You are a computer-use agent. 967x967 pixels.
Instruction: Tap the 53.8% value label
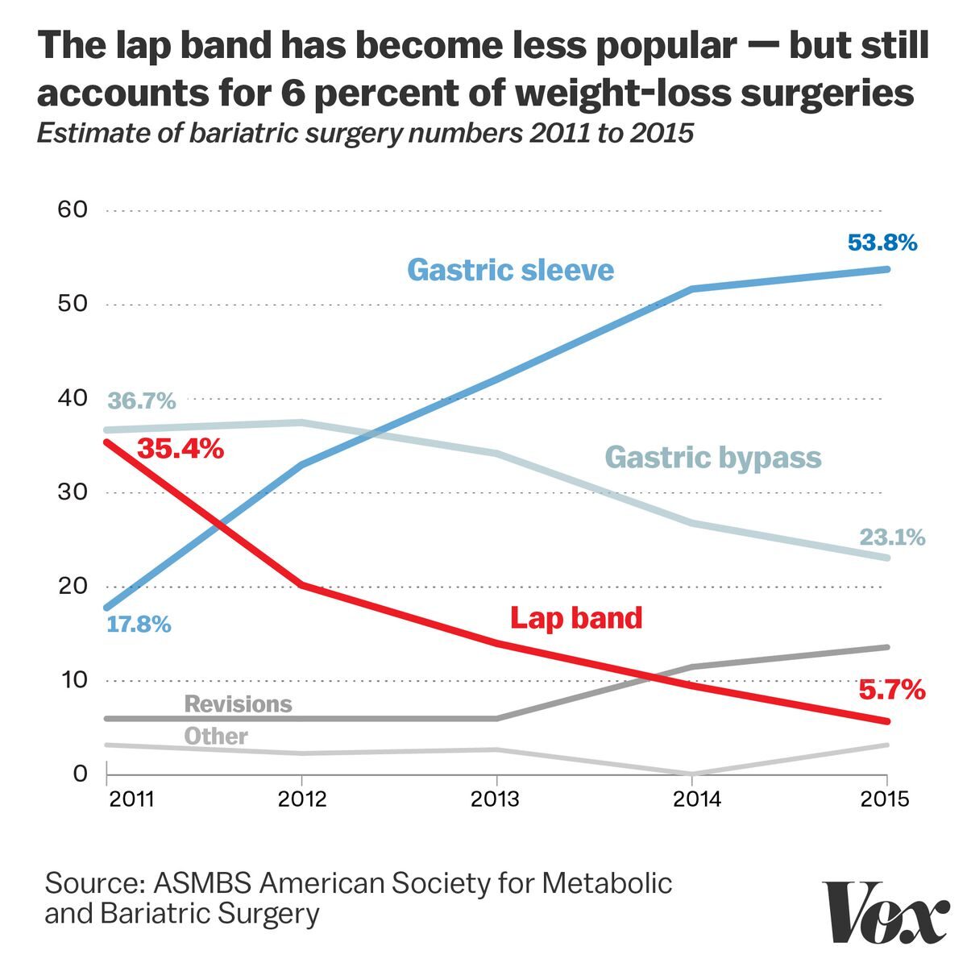pos(882,243)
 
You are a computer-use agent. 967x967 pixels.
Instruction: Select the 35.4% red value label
pos(180,448)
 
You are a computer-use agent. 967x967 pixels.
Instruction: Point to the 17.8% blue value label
pos(139,624)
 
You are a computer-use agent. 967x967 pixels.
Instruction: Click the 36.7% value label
pos(142,400)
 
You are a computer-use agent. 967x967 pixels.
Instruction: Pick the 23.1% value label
pos(892,537)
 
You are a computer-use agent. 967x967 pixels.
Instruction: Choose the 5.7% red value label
pos(890,691)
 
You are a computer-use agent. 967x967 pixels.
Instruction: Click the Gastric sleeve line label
pos(510,269)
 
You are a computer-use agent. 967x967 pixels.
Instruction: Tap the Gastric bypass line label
pos(712,457)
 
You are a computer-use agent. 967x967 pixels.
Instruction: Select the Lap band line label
pos(576,618)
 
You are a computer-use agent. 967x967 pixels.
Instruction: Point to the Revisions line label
pos(238,703)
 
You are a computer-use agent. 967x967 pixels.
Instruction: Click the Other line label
pos(215,736)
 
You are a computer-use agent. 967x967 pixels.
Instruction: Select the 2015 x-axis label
pos(885,799)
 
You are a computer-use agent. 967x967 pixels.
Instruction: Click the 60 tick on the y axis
pos(73,210)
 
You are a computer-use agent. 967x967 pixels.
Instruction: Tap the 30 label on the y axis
pos(73,492)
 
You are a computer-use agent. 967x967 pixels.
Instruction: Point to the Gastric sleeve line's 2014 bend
pos(692,288)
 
